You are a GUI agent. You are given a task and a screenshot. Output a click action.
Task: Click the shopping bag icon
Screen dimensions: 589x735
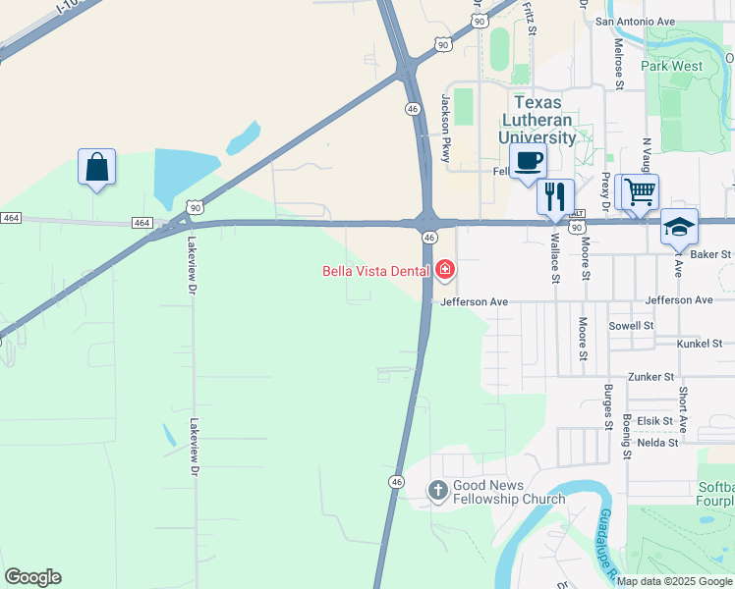click(97, 168)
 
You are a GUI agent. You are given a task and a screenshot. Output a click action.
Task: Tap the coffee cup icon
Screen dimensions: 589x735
click(528, 161)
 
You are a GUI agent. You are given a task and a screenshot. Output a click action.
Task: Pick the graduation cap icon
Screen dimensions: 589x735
click(679, 227)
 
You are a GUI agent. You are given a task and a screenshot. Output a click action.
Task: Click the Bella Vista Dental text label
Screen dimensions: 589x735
click(376, 271)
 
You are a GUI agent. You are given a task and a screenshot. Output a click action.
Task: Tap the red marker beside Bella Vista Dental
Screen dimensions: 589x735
click(444, 269)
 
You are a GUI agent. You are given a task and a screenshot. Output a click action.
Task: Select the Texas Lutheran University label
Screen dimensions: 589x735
click(537, 120)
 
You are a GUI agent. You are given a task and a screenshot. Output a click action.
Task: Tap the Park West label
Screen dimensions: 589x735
click(671, 66)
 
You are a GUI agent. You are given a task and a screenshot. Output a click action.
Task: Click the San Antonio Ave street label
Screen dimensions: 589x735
click(635, 21)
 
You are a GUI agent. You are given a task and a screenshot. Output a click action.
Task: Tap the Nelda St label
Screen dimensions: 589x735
click(658, 442)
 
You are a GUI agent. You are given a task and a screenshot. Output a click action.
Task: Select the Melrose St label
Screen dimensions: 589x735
click(619, 65)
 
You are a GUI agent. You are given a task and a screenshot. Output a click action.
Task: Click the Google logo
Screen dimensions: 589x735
click(32, 577)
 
